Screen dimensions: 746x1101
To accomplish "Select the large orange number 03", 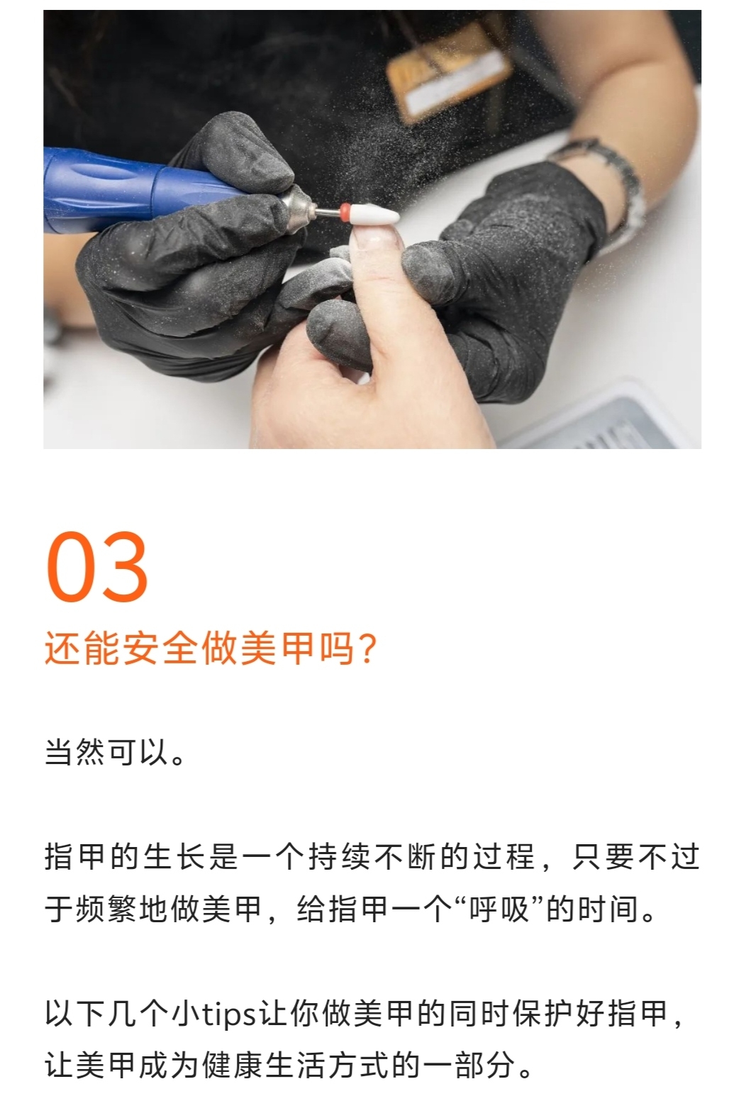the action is (x=97, y=567).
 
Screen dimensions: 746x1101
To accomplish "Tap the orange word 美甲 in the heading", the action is (x=279, y=649).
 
